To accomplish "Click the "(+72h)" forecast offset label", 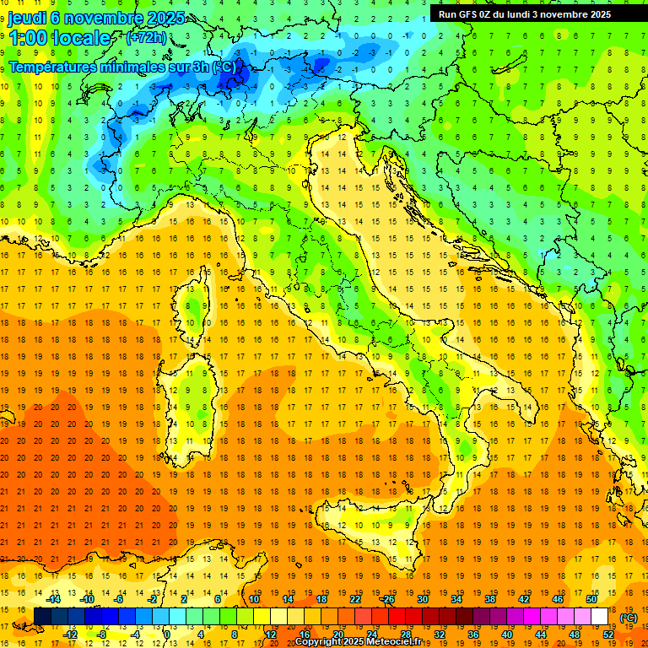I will [x=145, y=38].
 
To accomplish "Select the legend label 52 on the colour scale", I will [x=608, y=634].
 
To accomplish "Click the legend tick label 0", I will [x=167, y=634].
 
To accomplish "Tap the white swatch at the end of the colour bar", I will [x=599, y=617].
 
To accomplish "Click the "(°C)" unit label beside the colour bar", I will [x=629, y=617].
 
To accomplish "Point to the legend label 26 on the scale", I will [x=389, y=598].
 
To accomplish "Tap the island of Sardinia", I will [x=192, y=397].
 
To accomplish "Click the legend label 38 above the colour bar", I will [x=489, y=598].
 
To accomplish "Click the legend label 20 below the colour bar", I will [x=337, y=634].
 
